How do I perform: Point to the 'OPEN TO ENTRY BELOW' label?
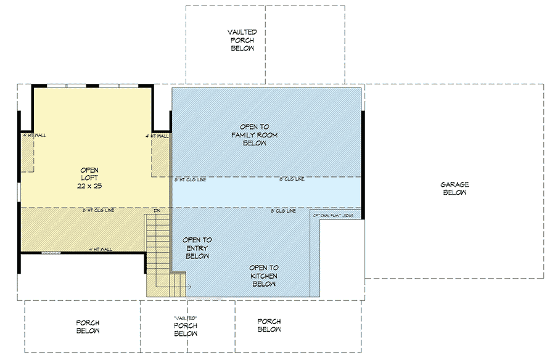pyautogui.click(x=197, y=248)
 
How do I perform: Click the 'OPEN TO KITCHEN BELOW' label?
pyautogui.click(x=263, y=276)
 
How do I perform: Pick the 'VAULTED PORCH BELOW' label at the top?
pyautogui.click(x=242, y=40)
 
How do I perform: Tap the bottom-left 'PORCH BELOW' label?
pyautogui.click(x=88, y=327)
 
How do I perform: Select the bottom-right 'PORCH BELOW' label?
pyautogui.click(x=269, y=325)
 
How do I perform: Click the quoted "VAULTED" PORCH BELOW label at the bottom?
pyautogui.click(x=185, y=325)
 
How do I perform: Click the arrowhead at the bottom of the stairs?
pyautogui.click(x=189, y=287)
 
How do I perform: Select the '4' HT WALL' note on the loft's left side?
pyautogui.click(x=35, y=135)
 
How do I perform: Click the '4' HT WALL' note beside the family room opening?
pyautogui.click(x=158, y=136)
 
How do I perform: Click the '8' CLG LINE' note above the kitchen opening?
pyautogui.click(x=283, y=211)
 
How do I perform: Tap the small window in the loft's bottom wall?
pyautogui.click(x=51, y=253)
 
